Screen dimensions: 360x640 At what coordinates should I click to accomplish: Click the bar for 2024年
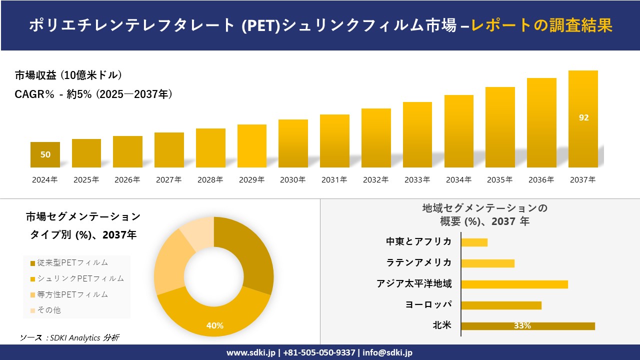pyautogui.click(x=45, y=155)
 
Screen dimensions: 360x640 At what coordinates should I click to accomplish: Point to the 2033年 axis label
pyautogui.click(x=417, y=180)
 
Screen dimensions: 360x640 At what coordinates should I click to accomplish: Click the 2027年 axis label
pyautogui.click(x=168, y=180)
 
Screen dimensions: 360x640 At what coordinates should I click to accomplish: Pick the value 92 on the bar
pyautogui.click(x=583, y=118)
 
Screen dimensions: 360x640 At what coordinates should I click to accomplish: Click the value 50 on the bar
pyautogui.click(x=45, y=155)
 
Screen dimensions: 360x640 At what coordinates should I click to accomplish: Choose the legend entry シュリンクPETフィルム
pyautogui.click(x=77, y=278)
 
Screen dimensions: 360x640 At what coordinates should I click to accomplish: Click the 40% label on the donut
pyautogui.click(x=215, y=325)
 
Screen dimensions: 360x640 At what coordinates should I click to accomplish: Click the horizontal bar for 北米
pyautogui.click(x=528, y=326)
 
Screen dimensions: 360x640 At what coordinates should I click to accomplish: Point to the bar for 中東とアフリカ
pyautogui.click(x=474, y=242)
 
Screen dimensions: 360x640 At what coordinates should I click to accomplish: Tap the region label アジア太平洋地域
pyautogui.click(x=414, y=284)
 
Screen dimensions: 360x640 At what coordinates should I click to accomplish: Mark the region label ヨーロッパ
pyautogui.click(x=428, y=305)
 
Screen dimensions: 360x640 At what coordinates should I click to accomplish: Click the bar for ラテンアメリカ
pyautogui.click(x=487, y=263)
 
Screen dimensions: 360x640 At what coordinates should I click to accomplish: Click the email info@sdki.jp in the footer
pyautogui.click(x=387, y=352)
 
